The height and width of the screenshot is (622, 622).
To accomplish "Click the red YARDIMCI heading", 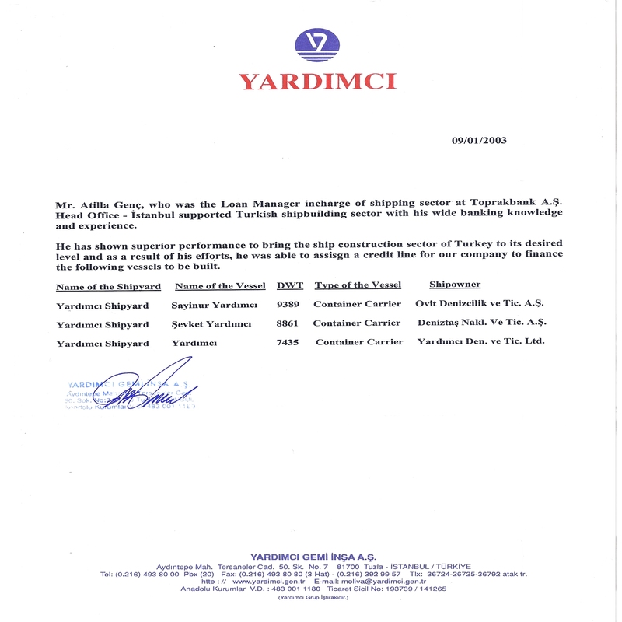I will click(x=317, y=82).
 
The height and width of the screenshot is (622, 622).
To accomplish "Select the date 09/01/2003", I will click(x=479, y=141).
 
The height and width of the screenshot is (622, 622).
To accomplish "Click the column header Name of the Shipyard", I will click(x=102, y=286).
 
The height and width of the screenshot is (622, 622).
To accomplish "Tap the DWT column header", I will click(x=290, y=285).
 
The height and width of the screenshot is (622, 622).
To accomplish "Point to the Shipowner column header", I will click(x=455, y=285).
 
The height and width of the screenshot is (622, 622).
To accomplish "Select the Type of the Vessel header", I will click(x=358, y=285).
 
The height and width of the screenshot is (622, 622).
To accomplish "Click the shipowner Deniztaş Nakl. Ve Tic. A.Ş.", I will click(x=481, y=323).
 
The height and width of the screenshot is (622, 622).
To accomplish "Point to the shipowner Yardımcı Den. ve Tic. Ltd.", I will click(x=480, y=341).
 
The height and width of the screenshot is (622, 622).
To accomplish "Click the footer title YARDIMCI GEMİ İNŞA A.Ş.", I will click(x=313, y=557).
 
